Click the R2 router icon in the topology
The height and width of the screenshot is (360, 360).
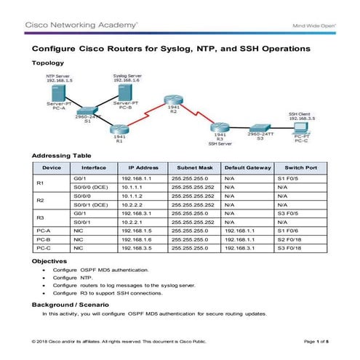point(172,100)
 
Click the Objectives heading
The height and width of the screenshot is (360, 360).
point(51,260)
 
